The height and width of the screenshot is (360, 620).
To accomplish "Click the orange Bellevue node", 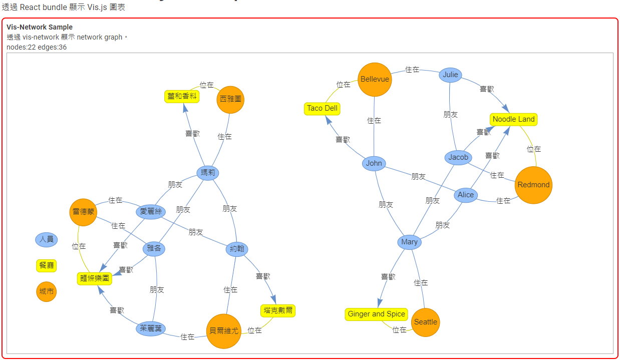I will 375,79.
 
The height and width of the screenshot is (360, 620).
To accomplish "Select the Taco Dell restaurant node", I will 322,108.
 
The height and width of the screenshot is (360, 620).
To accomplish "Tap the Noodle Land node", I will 513,119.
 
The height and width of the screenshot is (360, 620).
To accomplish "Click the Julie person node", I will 450,75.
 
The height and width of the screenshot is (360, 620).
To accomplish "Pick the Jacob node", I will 458,157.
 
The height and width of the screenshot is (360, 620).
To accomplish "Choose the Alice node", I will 466,195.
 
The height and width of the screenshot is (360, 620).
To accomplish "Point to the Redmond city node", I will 533,185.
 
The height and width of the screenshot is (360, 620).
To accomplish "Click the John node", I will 374,163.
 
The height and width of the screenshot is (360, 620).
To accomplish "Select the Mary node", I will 409,242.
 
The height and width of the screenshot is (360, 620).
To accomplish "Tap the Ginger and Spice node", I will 376,314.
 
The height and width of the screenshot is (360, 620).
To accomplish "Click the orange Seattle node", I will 426,322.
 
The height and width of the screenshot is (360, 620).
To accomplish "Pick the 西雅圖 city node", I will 230,99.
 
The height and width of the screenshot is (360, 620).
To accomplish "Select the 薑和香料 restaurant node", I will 182,96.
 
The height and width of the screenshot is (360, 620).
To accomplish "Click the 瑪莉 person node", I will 207,173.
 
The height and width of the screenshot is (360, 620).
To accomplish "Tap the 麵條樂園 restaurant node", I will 95,278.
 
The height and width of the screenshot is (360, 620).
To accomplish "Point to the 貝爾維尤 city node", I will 224,330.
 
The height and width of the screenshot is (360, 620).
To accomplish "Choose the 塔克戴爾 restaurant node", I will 278,310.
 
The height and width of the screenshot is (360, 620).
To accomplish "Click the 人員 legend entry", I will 47,239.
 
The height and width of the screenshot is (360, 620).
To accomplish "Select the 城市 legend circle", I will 47,292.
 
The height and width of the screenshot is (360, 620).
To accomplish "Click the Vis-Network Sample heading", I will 40,27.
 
